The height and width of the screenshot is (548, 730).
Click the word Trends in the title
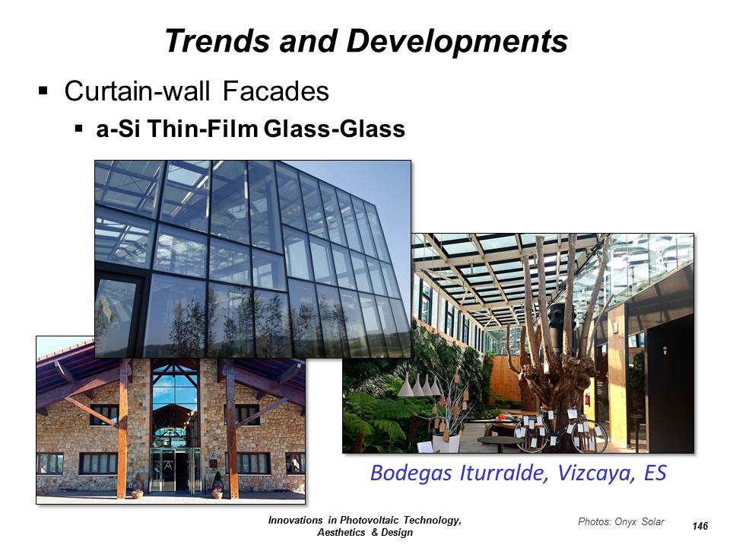[217, 40]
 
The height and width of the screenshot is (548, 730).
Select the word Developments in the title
[457, 42]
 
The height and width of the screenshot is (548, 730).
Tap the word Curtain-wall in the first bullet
[137, 91]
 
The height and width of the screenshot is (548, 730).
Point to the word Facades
[275, 91]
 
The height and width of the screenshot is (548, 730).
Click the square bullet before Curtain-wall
[43, 91]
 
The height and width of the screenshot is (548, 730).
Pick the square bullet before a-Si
[78, 128]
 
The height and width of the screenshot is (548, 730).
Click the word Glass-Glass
[335, 129]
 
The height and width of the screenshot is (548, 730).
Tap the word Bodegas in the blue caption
[411, 473]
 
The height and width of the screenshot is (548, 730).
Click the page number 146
[700, 526]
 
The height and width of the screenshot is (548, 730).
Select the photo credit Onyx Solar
[640, 521]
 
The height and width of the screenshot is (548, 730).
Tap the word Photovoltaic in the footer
[370, 521]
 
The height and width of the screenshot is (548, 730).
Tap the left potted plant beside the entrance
[137, 489]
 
